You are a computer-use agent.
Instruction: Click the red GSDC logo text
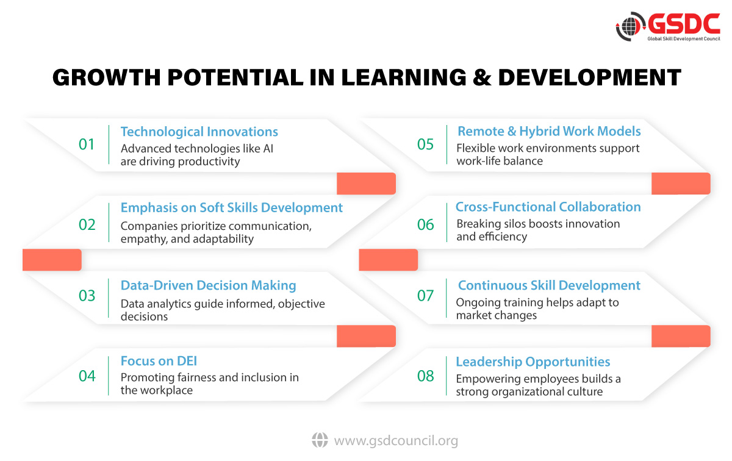[x=683, y=24]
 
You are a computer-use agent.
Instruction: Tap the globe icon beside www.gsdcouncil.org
[x=320, y=440]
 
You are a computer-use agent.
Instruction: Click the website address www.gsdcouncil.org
[x=396, y=441]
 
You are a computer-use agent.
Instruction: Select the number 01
[x=87, y=145]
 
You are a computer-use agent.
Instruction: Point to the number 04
[x=87, y=376]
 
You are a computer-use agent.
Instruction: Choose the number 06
[x=426, y=224]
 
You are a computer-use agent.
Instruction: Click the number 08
[x=426, y=376]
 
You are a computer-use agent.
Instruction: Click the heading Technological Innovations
[x=199, y=132]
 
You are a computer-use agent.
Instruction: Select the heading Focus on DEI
[x=159, y=361]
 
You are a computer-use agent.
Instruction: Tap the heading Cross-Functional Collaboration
[x=548, y=207]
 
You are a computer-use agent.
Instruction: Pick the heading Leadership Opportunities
[x=533, y=362]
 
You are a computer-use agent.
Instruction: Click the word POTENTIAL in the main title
[x=235, y=77]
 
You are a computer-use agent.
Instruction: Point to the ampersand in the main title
[x=482, y=77]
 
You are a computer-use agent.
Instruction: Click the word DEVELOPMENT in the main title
[x=589, y=77]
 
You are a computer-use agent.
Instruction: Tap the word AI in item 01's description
[x=268, y=149]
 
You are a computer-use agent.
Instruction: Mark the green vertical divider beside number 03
[x=108, y=298]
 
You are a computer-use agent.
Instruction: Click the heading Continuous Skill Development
[x=549, y=285]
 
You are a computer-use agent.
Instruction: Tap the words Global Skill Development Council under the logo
[x=684, y=39]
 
